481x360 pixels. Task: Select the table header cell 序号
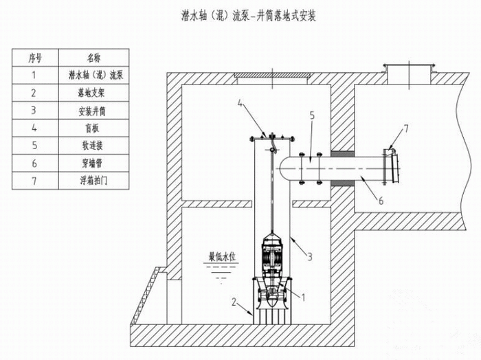coord(34,58)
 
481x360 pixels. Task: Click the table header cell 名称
coord(93,58)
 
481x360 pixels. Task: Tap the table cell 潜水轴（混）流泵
coord(93,75)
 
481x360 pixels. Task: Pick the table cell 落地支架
coord(93,92)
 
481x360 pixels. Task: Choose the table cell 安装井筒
coord(93,109)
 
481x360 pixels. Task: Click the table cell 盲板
coord(93,127)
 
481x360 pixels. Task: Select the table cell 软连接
coord(93,144)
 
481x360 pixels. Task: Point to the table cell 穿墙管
coord(93,162)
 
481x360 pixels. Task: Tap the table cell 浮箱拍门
coord(93,179)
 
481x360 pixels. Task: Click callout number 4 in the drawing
coord(240,104)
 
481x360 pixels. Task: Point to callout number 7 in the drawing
coord(405,128)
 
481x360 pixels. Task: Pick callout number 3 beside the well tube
coord(310,256)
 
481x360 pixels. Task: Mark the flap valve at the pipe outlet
coord(392,165)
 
